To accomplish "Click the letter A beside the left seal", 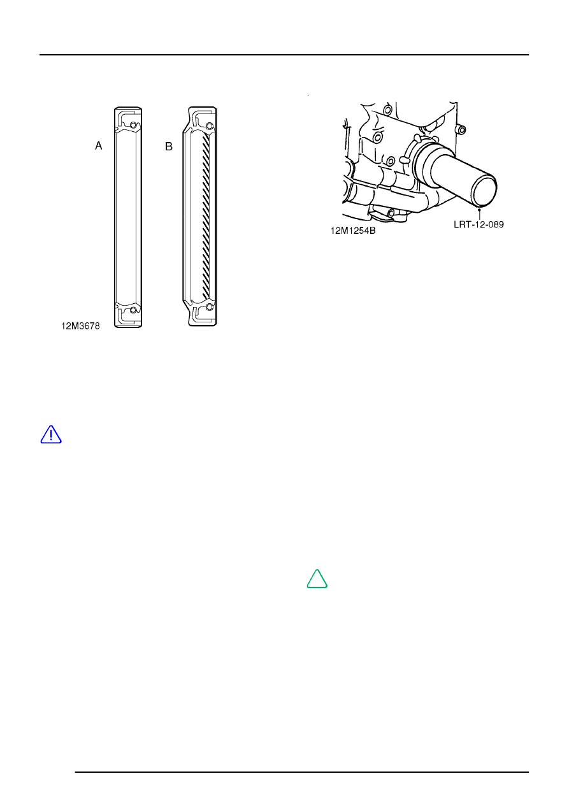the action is click(x=98, y=145).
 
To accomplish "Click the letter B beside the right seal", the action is click(x=169, y=147).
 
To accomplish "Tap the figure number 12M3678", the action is click(x=80, y=326).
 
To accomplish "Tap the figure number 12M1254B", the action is click(x=353, y=231).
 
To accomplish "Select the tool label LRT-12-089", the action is click(x=479, y=225).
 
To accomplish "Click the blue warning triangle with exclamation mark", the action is click(x=51, y=434).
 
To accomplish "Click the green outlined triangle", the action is click(x=317, y=578).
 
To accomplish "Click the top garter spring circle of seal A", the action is click(x=133, y=125).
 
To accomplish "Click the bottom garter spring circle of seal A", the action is click(x=133, y=310).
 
